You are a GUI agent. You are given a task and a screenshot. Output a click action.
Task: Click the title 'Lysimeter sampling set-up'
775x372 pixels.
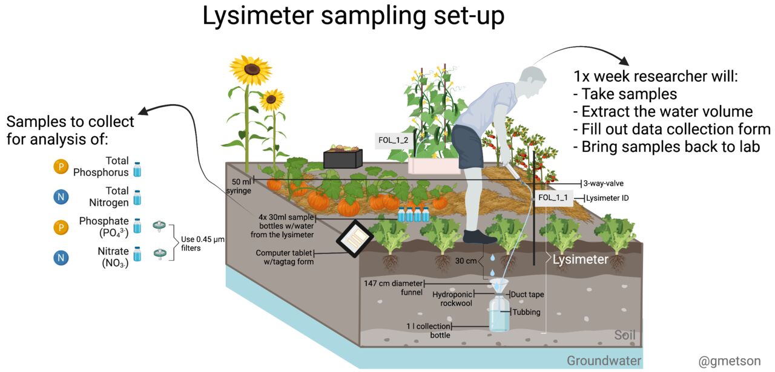coord(353,16)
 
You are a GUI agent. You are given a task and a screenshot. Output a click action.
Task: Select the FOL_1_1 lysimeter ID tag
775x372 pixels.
coord(553,197)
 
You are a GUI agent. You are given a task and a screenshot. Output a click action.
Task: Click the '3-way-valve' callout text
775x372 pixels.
coord(607,183)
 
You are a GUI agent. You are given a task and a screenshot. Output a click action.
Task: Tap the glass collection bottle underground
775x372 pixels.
coord(499,314)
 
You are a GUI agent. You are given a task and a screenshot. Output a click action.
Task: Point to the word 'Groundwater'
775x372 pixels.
coord(604,361)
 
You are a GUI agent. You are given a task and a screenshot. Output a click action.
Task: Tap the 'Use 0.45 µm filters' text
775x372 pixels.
coord(203,244)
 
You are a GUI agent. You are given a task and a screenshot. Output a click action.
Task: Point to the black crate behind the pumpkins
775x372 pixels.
coord(343,158)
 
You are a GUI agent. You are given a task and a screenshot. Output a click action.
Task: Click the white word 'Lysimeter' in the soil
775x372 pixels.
coord(580,259)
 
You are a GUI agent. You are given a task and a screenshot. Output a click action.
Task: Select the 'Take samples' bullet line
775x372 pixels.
coord(624,94)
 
